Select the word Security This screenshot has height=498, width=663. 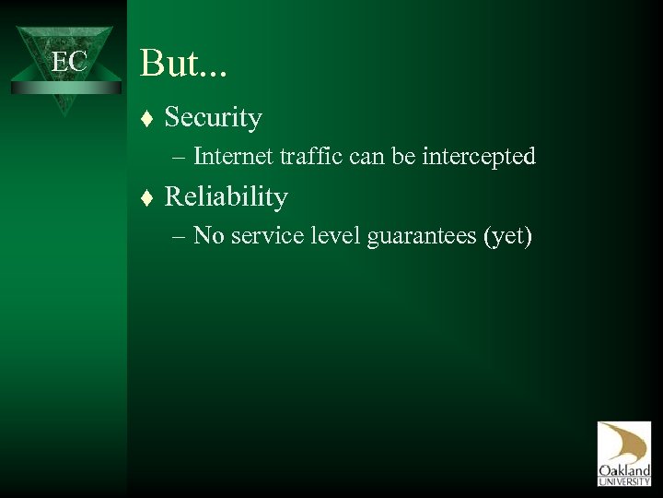coord(213,118)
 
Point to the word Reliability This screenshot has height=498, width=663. coord(226,196)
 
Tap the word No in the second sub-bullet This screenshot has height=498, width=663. coord(209,235)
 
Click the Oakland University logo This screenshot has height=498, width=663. coord(623,453)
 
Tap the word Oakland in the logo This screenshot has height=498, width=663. coord(623,468)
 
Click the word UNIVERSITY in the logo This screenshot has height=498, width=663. coord(623,480)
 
